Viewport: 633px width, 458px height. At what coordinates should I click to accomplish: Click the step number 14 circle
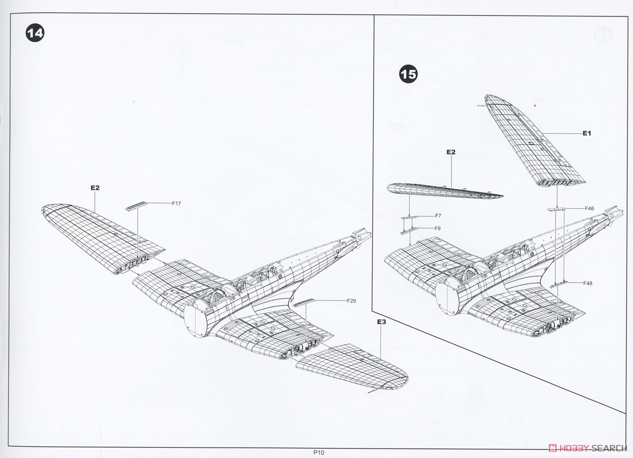click(x=35, y=33)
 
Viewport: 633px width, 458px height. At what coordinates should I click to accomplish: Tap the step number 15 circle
click(x=408, y=74)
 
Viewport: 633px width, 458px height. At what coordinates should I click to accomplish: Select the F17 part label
click(x=176, y=203)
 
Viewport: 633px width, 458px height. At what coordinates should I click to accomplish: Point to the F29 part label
click(x=351, y=301)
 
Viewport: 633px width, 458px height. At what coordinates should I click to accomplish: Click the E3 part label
click(x=381, y=321)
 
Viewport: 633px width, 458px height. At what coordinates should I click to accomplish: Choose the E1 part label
click(x=587, y=133)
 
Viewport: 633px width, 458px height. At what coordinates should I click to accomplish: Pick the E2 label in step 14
click(x=95, y=188)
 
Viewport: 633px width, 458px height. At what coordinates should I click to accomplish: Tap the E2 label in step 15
click(x=451, y=152)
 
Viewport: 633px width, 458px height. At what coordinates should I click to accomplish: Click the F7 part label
click(x=438, y=216)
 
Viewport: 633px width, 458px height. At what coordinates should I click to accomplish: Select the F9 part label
click(x=437, y=228)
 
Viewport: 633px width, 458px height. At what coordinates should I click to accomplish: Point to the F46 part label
click(x=590, y=208)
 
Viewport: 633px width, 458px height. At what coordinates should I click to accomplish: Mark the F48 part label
click(x=588, y=283)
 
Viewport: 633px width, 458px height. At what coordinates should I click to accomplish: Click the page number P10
click(x=319, y=453)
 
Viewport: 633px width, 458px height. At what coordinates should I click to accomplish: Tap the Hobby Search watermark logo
click(x=588, y=448)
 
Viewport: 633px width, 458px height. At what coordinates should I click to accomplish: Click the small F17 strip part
click(x=136, y=206)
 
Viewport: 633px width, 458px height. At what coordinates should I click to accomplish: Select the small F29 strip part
click(x=304, y=303)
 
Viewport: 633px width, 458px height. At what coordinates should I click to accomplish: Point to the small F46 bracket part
click(x=556, y=209)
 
